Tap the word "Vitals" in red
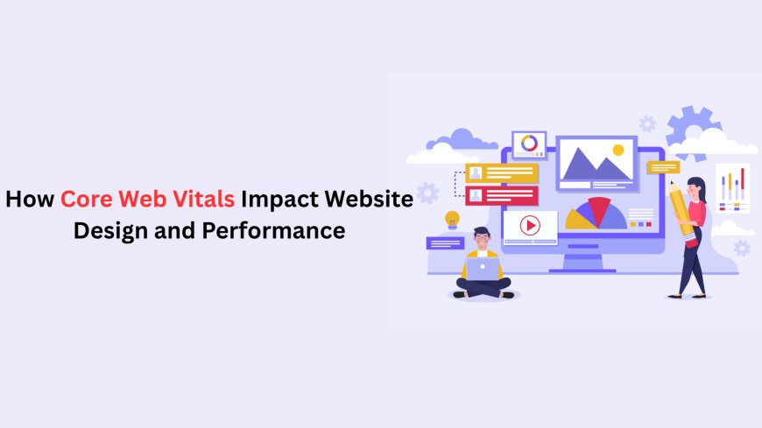point(204,200)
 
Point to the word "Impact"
point(279,200)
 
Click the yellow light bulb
point(452,219)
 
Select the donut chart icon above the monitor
point(529,143)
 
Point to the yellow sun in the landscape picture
point(618,151)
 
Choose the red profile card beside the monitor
point(501,194)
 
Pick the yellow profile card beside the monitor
point(501,172)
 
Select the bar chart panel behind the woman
point(732,187)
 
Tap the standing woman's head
point(697,186)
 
